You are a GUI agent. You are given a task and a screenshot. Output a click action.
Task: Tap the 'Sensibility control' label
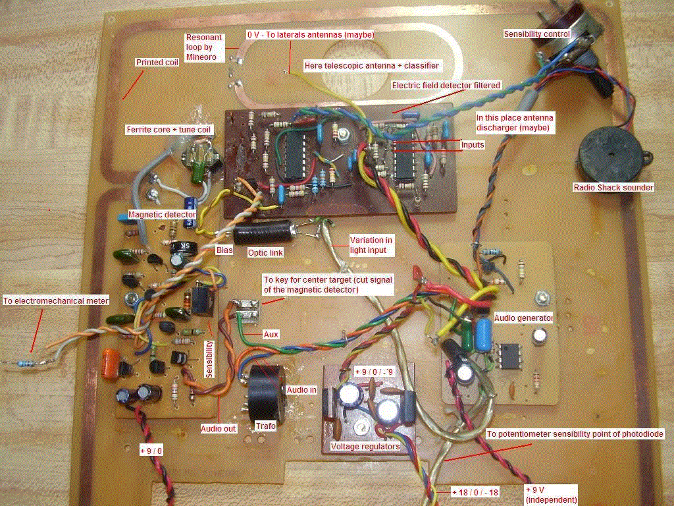(537, 34)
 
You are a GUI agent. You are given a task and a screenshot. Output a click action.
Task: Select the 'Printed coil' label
(157, 63)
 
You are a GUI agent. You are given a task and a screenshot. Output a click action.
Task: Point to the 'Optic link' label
(265, 252)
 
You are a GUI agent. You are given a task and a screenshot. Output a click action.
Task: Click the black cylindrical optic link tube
(264, 233)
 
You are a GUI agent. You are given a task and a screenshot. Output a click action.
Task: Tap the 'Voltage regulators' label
(365, 447)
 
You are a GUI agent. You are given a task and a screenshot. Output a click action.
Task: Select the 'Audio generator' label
(523, 318)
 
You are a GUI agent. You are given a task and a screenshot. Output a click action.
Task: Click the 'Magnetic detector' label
(162, 214)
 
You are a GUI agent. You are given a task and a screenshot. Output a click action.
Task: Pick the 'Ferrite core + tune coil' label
(170, 130)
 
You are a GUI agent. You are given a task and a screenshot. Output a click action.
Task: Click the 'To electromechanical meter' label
(56, 300)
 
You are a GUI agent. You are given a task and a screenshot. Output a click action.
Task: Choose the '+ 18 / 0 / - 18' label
(475, 492)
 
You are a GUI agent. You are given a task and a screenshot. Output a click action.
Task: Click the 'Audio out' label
(219, 428)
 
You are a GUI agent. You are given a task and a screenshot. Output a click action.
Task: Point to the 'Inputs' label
(473, 144)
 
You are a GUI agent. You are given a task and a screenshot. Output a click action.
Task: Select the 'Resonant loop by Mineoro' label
(204, 47)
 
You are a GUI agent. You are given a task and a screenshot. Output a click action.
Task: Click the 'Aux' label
(271, 334)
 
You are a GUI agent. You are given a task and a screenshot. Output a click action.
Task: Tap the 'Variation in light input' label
(371, 245)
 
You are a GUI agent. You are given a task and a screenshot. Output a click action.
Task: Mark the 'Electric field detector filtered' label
(446, 85)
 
